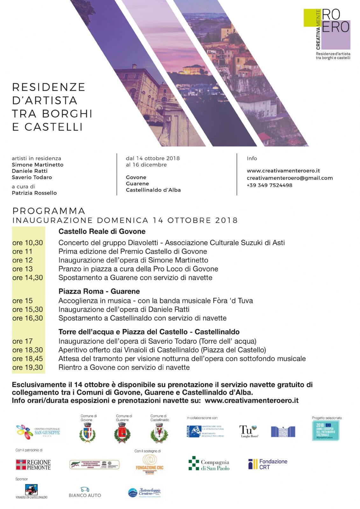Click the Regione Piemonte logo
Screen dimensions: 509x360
33,464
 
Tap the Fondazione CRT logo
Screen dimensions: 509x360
268,464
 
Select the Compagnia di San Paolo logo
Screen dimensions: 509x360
209,464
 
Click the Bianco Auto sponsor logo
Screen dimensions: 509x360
85,492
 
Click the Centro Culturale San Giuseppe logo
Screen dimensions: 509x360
39,431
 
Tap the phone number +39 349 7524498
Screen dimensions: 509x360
269,185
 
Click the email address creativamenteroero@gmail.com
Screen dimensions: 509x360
290,178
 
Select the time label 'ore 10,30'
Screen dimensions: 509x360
28,243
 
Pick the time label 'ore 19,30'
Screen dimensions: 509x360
28,367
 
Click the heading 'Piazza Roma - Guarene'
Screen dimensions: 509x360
99,291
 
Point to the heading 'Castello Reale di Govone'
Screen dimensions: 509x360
102,231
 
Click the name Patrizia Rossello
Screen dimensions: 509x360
34,193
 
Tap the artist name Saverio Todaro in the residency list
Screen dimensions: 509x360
32,177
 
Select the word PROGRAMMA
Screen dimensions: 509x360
49,211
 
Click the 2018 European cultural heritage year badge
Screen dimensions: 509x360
326,430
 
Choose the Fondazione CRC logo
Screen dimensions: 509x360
149,464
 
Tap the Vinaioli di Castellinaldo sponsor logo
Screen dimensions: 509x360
31,492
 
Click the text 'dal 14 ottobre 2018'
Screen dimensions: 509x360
153,158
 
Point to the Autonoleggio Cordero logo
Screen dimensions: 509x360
145,492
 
